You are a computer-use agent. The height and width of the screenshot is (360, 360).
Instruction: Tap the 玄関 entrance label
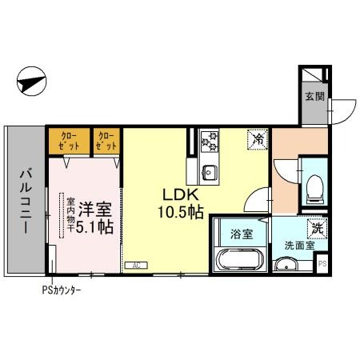(x=313, y=97)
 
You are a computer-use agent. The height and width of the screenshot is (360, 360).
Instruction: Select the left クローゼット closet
(x=67, y=142)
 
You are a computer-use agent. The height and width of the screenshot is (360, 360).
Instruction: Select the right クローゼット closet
(x=107, y=142)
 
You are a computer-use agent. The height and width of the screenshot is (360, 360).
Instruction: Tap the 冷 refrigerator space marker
(x=259, y=139)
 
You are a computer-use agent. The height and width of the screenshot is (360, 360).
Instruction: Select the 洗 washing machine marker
(x=318, y=227)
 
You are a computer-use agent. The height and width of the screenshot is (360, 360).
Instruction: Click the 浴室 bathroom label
(x=242, y=234)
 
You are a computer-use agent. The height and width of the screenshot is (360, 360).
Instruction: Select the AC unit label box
(x=136, y=264)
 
